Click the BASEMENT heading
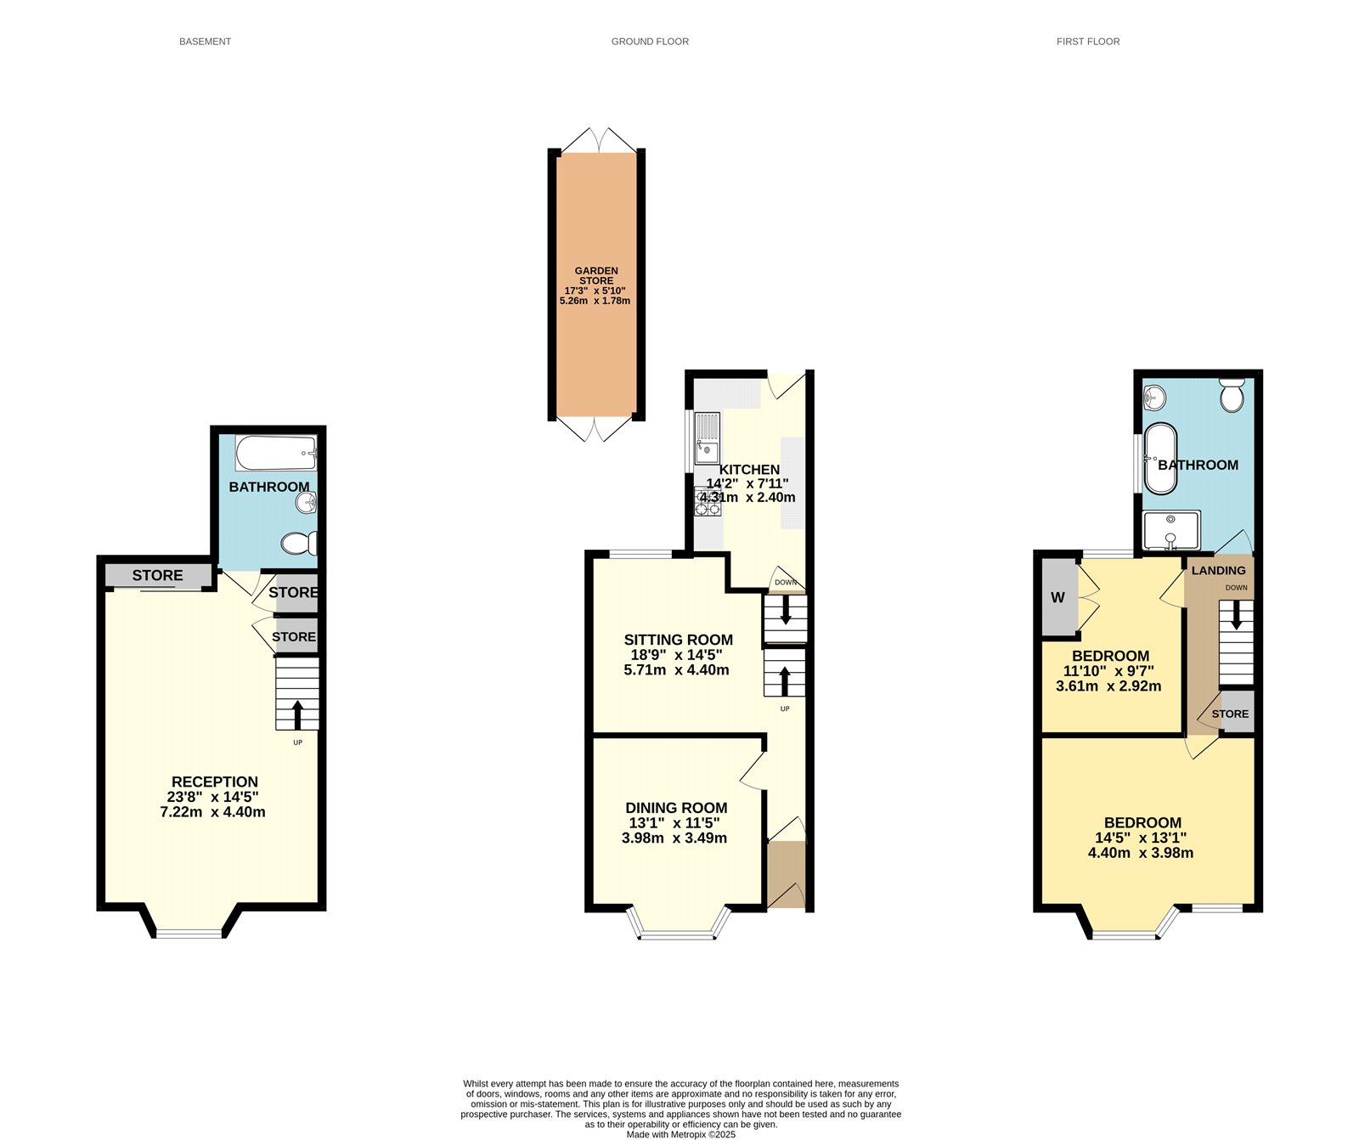pos(205,42)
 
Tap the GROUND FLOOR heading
pos(650,42)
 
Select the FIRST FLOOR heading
pos(1087,42)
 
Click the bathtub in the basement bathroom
pos(276,454)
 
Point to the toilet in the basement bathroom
pos(299,543)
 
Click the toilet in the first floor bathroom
pos(1232,395)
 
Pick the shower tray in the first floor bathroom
pos(1171,529)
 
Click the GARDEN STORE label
pos(596,275)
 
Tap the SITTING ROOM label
pos(678,640)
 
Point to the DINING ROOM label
pos(676,808)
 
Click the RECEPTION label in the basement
pos(214,782)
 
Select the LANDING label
pos(1218,570)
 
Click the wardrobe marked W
pos(1057,597)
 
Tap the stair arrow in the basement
pos(297,714)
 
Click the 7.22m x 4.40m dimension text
pos(212,812)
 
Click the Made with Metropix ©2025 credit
pos(680,1134)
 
